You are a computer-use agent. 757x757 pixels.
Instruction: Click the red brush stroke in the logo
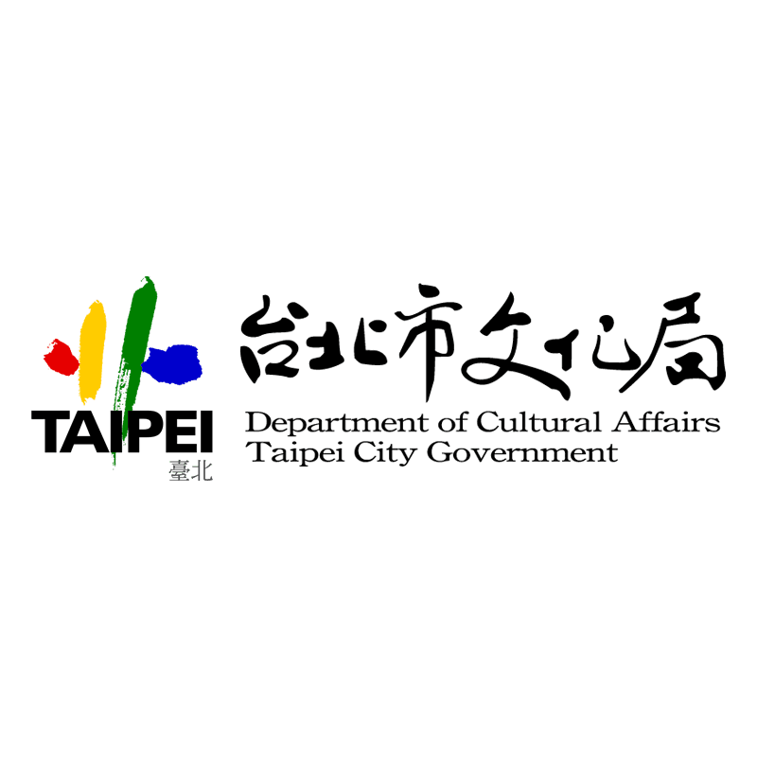[62, 357]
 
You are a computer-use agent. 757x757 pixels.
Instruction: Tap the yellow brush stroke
[92, 351]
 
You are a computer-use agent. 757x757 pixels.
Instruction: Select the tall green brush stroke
[133, 358]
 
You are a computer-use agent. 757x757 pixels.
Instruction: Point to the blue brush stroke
[172, 364]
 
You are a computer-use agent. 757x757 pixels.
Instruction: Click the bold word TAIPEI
[122, 431]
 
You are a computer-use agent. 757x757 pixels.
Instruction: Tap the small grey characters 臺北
[191, 470]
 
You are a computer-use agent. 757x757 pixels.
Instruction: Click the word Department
[337, 422]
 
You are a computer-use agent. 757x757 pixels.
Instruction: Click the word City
[385, 453]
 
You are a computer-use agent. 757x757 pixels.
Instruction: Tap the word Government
[522, 452]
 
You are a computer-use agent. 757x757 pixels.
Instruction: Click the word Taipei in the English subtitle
[295, 453]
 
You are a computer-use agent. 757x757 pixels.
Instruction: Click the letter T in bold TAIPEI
[46, 431]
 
